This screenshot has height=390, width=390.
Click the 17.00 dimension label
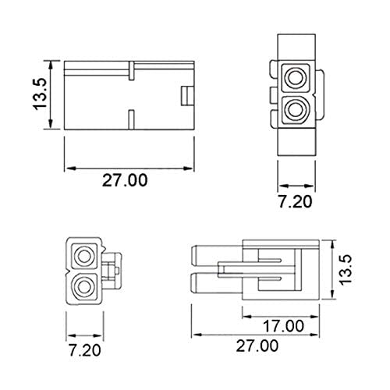[282, 325]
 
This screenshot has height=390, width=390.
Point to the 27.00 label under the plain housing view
[125, 181]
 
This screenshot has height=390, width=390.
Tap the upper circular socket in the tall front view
[296, 77]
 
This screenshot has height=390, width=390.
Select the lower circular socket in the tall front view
[296, 110]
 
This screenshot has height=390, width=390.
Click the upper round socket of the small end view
[81, 254]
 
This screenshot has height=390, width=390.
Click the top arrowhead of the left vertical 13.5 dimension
[51, 61]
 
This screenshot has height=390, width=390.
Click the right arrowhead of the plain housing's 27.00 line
[191, 167]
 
